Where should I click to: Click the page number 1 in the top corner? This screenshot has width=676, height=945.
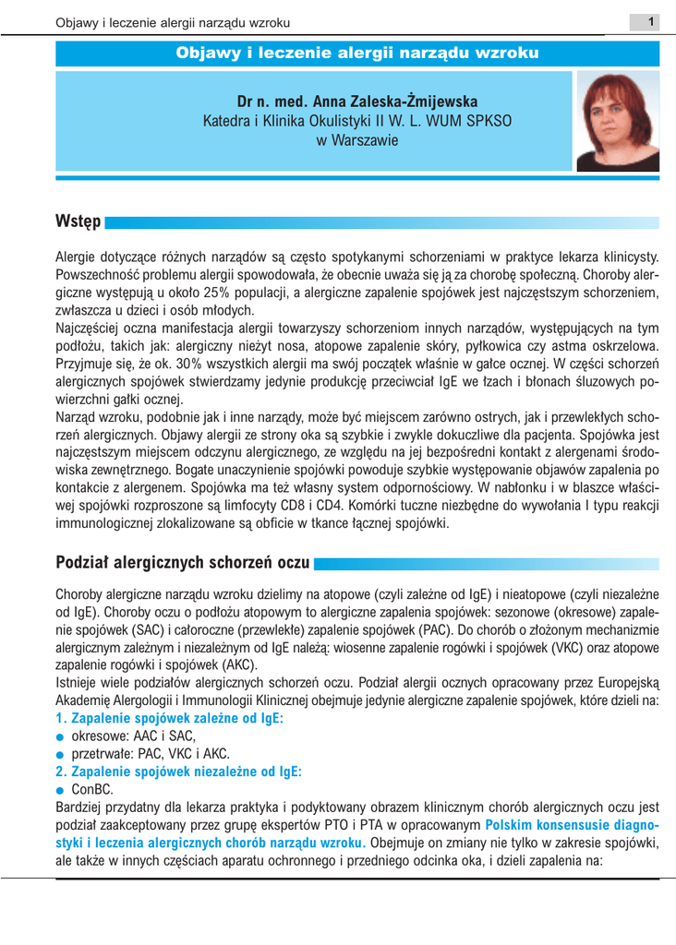click(x=651, y=20)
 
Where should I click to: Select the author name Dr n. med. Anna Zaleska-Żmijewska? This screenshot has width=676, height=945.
click(x=356, y=101)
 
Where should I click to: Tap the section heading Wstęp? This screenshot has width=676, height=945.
click(x=78, y=222)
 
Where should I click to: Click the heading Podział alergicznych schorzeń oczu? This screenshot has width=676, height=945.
click(x=183, y=561)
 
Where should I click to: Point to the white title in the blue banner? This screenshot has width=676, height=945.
click(x=356, y=54)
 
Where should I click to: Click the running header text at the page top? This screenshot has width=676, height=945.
click(x=173, y=21)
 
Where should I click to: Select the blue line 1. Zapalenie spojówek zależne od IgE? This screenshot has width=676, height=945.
click(x=169, y=717)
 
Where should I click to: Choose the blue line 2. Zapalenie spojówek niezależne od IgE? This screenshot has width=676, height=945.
click(x=179, y=772)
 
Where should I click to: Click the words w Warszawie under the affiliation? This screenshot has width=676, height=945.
click(x=356, y=140)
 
